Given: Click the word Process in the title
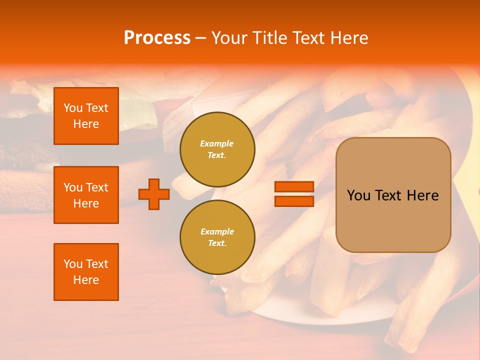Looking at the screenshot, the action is coord(157,38).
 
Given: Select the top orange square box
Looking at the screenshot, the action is coord(86,116).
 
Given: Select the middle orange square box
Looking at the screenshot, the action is coord(86,195).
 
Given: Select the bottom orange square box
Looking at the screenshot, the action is coord(86,272).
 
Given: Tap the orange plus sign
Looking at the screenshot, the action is coord(154,194).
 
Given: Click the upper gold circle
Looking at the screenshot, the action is coord(217,149).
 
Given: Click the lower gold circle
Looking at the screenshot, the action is coord(217,237).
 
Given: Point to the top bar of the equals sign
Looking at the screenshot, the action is coord(294,186).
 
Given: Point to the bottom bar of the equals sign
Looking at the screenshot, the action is coord(294,201).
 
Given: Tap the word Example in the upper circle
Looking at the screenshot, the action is coord(217,143).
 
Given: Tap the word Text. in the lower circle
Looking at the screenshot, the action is coord(217,243).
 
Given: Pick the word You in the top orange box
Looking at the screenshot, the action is coord(72,108).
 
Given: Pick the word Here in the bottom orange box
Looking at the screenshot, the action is coord(86,280).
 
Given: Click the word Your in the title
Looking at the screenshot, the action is coord(228,38).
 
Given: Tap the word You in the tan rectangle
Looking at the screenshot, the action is coord(358,195).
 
